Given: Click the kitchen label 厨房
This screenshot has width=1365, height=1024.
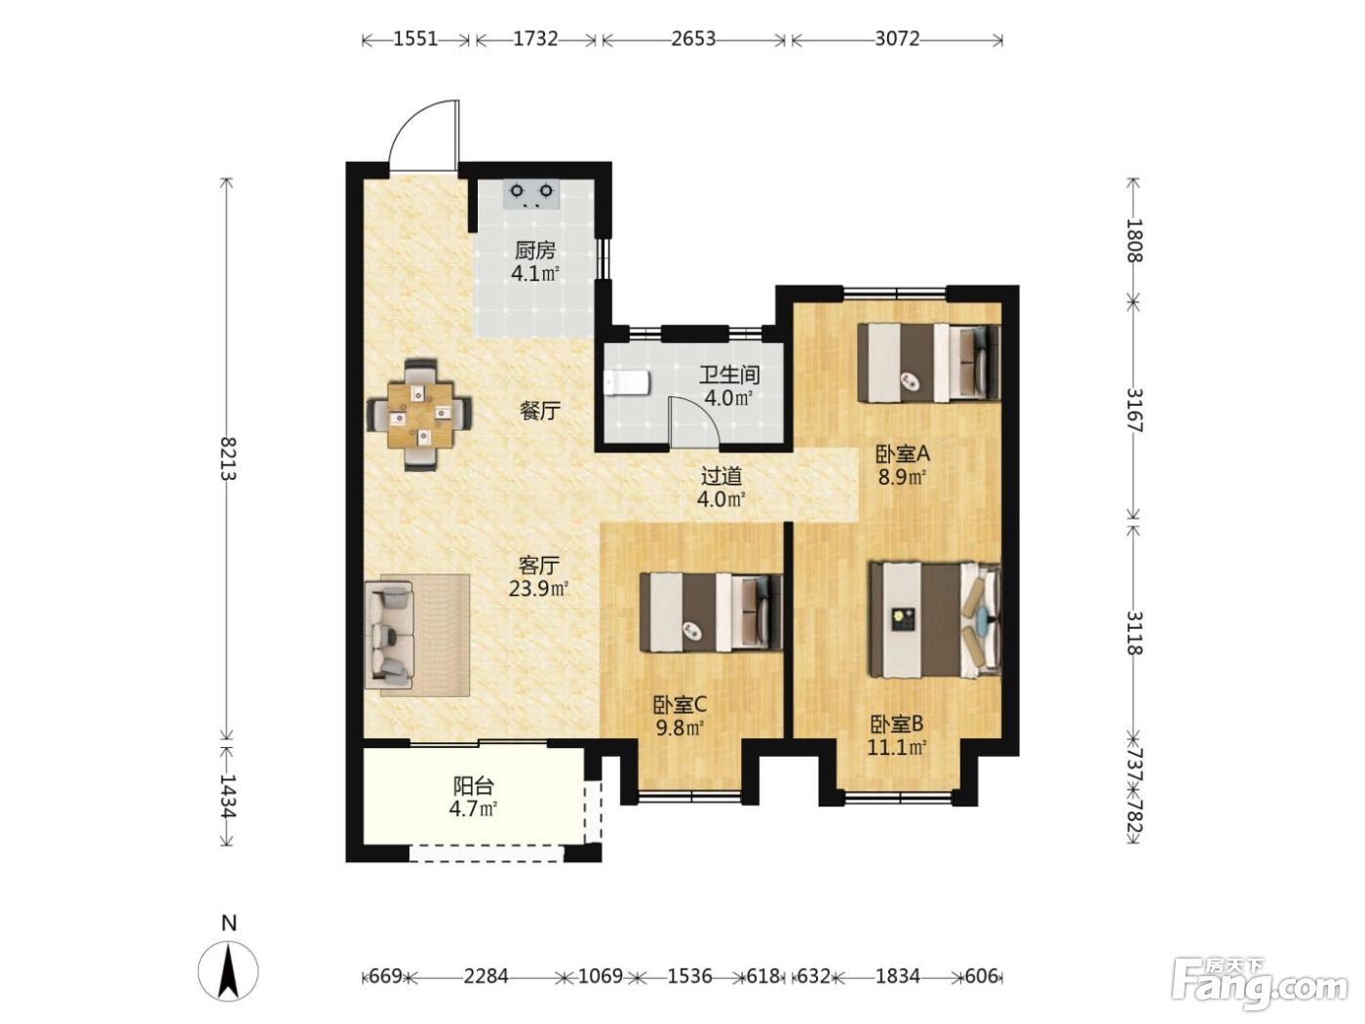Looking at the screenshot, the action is (x=535, y=252).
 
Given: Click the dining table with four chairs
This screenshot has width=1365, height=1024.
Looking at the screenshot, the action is (x=420, y=414).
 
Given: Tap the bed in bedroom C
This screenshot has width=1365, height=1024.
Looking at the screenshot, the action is (x=711, y=612).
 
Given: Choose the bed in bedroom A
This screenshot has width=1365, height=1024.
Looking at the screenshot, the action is (x=928, y=362).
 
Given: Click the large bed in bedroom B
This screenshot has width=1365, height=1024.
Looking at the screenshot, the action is (x=935, y=619).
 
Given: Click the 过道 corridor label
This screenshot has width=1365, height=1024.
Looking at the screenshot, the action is (x=721, y=476).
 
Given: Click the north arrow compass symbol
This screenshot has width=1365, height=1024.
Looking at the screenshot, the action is (x=229, y=970).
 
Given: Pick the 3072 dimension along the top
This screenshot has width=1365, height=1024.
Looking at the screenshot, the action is (x=897, y=39).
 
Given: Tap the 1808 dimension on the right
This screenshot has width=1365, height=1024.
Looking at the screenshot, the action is (x=1134, y=240).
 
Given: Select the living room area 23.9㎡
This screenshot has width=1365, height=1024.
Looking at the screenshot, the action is (x=538, y=588).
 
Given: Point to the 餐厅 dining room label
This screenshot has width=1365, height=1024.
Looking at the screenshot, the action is (x=540, y=411).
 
